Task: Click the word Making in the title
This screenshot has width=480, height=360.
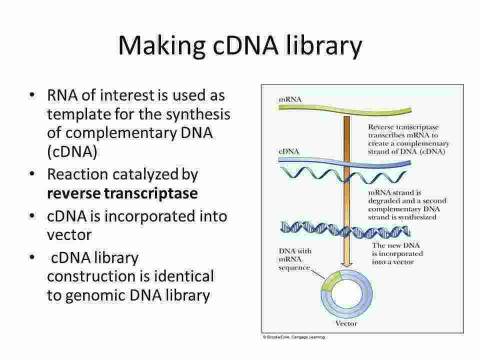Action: point(153,45)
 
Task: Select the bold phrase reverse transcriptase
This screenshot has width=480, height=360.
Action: point(122,193)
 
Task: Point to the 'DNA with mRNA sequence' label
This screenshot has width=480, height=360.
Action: point(294,258)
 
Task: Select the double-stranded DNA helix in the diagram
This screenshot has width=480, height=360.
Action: point(345,230)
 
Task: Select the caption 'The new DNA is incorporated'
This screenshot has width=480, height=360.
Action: point(397,254)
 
